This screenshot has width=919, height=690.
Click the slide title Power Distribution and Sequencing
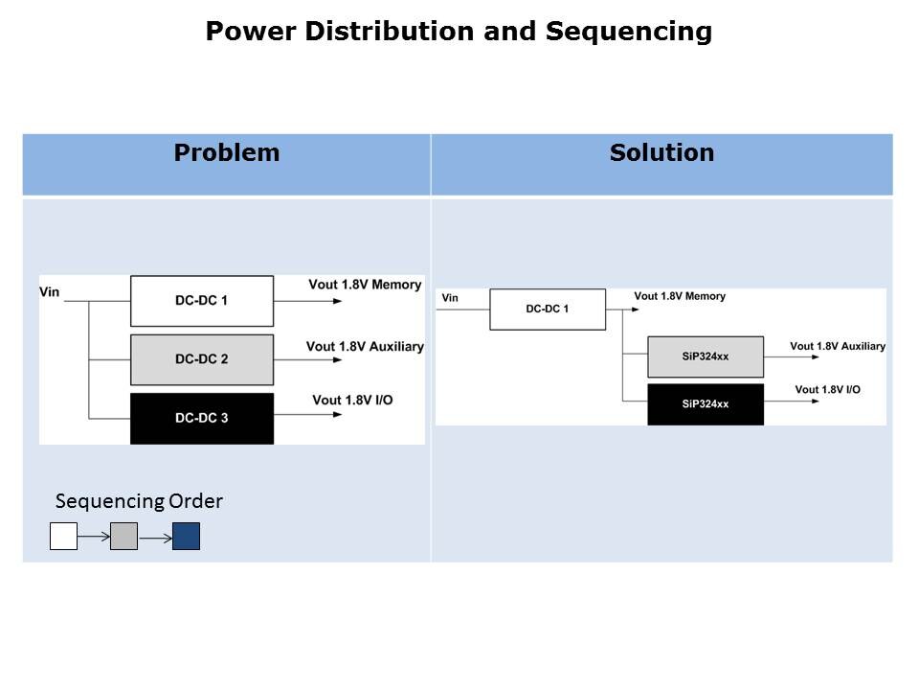(x=459, y=32)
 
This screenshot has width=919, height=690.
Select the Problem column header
(x=227, y=153)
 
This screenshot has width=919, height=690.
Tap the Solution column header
(x=661, y=153)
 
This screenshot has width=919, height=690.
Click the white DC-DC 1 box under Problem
(x=202, y=301)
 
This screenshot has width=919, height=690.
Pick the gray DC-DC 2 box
(x=202, y=359)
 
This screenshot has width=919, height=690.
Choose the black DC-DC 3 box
(x=202, y=418)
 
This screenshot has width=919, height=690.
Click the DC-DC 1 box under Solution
(x=548, y=310)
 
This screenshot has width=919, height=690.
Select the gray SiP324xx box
(x=706, y=356)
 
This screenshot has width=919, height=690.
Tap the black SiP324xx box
(x=706, y=403)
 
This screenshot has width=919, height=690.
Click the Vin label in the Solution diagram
(x=450, y=298)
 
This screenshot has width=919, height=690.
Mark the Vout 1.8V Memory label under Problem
(x=365, y=285)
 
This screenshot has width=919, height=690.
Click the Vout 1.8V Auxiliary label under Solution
(x=838, y=346)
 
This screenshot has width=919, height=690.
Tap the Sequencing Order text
(x=139, y=501)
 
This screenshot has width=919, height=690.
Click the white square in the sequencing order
(x=63, y=537)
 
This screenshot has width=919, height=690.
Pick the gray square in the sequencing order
(x=124, y=537)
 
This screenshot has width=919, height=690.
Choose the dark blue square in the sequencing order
(x=186, y=537)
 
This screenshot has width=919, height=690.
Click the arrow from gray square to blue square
(x=155, y=537)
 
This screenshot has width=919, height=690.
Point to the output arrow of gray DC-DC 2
(x=306, y=360)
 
